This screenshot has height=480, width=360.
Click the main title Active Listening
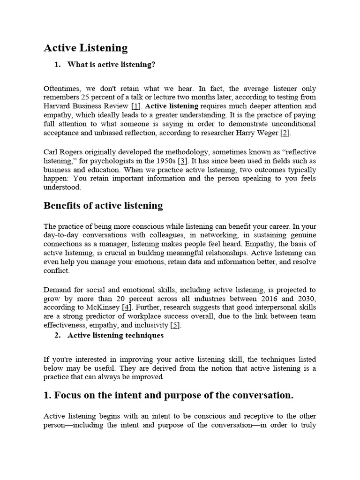click(x=85, y=48)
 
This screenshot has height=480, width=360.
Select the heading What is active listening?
click(x=111, y=65)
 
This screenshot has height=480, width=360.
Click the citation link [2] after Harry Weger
click(x=285, y=133)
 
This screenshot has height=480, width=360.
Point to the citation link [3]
click(x=183, y=161)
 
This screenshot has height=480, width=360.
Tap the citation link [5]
click(x=175, y=325)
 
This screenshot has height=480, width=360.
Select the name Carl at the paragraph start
click(x=51, y=152)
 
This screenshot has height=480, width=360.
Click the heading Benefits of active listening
click(x=103, y=206)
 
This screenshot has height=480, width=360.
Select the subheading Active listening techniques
click(x=115, y=335)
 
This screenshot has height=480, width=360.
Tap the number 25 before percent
click(x=85, y=97)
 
